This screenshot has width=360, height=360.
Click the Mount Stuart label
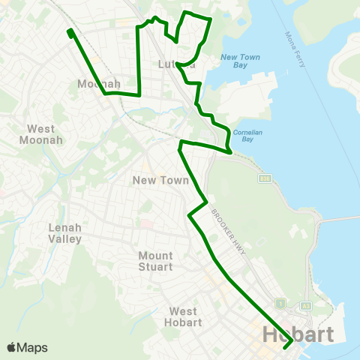click(x=155, y=261)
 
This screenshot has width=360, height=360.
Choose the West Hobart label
click(x=184, y=316)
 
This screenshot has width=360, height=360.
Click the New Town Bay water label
click(x=240, y=61)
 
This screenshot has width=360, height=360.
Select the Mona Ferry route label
click(x=295, y=49)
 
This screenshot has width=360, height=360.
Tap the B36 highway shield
click(x=264, y=178)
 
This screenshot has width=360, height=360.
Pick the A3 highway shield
click(x=306, y=306)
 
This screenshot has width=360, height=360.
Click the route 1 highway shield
click(x=279, y=304)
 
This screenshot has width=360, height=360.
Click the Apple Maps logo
click(x=27, y=347)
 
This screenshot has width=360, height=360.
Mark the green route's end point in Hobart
click(x=286, y=346)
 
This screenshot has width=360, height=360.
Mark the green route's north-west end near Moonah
click(x=70, y=32)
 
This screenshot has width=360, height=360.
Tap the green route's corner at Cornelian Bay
click(x=229, y=151)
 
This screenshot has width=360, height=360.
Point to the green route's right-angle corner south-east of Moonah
click(x=140, y=94)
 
